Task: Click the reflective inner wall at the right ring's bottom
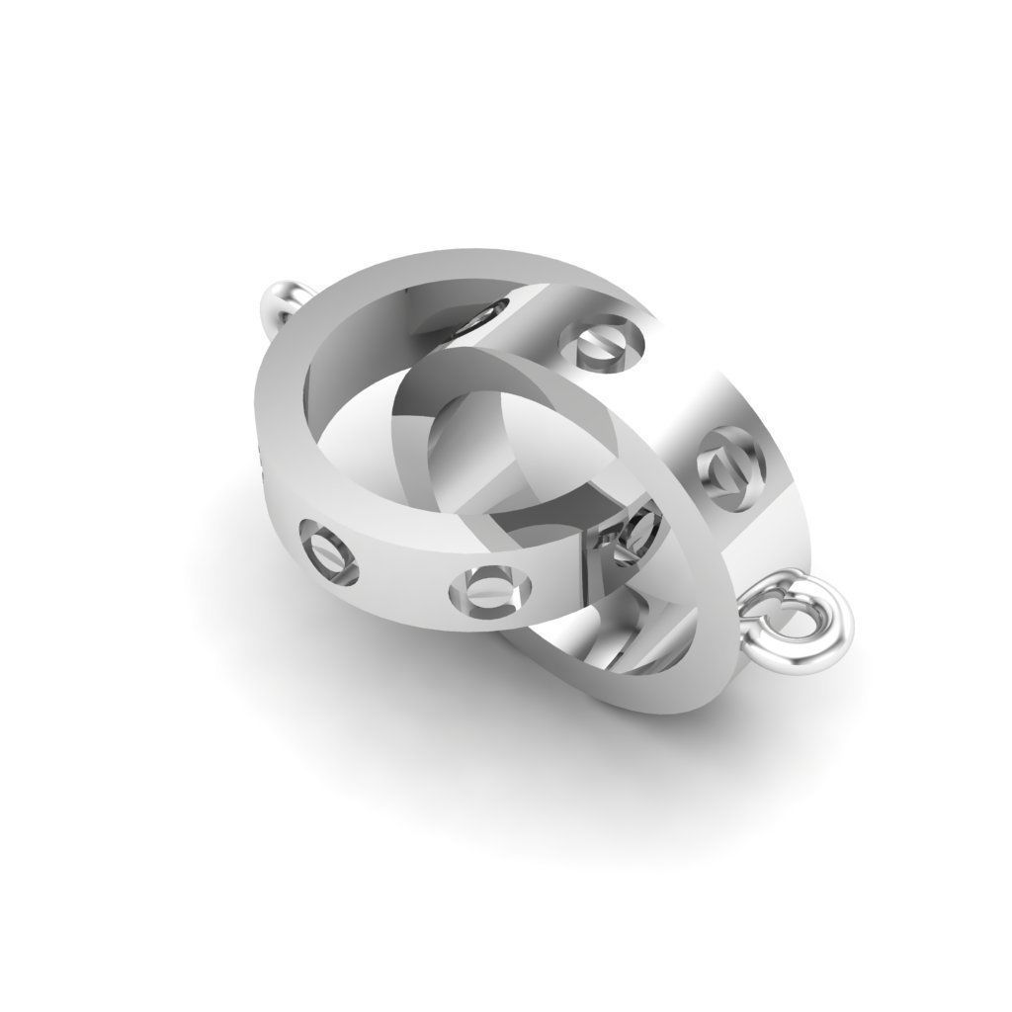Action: pyautogui.click(x=613, y=662)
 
